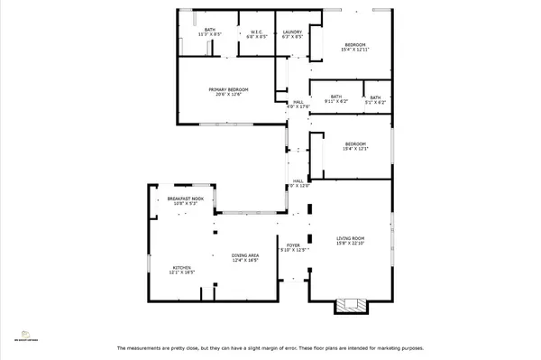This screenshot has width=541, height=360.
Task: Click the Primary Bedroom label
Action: click(228, 89)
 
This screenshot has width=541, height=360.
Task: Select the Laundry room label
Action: click(291, 32)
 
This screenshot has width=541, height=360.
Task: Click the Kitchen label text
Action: click(182, 268)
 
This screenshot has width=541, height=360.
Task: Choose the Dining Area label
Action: click(244, 255)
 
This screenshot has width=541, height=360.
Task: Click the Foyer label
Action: click(293, 245)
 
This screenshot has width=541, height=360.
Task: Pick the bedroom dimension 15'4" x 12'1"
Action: click(355, 149)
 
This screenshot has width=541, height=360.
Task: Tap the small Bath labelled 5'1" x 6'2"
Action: click(375, 102)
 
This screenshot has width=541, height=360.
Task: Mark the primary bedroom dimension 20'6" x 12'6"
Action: click(228, 95)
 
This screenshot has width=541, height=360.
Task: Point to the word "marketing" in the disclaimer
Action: click(383, 348)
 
